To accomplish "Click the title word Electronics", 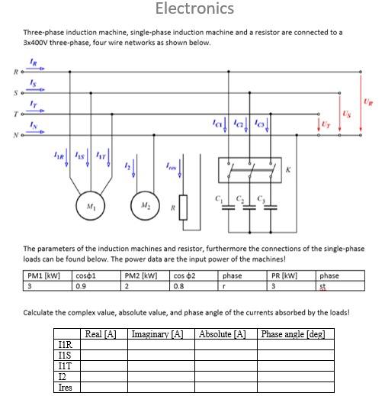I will click(x=194, y=9).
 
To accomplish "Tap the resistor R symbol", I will click(x=183, y=210).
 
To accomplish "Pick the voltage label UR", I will click(x=369, y=101).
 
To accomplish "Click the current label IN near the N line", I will click(x=32, y=125).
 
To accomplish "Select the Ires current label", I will click(x=172, y=166).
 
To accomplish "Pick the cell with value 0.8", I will click(x=179, y=286).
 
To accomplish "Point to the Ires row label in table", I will click(x=66, y=388).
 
